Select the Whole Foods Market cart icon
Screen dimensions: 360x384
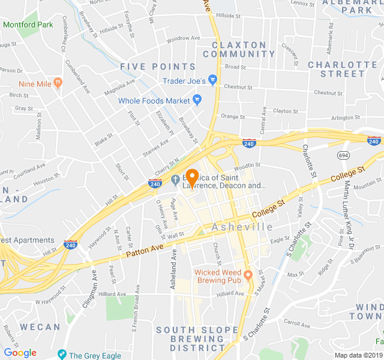[197, 100]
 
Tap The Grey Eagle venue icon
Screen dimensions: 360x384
[62, 354]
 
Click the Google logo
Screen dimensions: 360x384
[20, 353]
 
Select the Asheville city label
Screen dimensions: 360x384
[242, 227]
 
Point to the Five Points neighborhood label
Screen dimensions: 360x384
[158, 67]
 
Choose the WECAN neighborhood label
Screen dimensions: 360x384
[40, 327]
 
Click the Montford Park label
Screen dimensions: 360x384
[28, 25]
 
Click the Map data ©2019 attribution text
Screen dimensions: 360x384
[358, 355]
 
